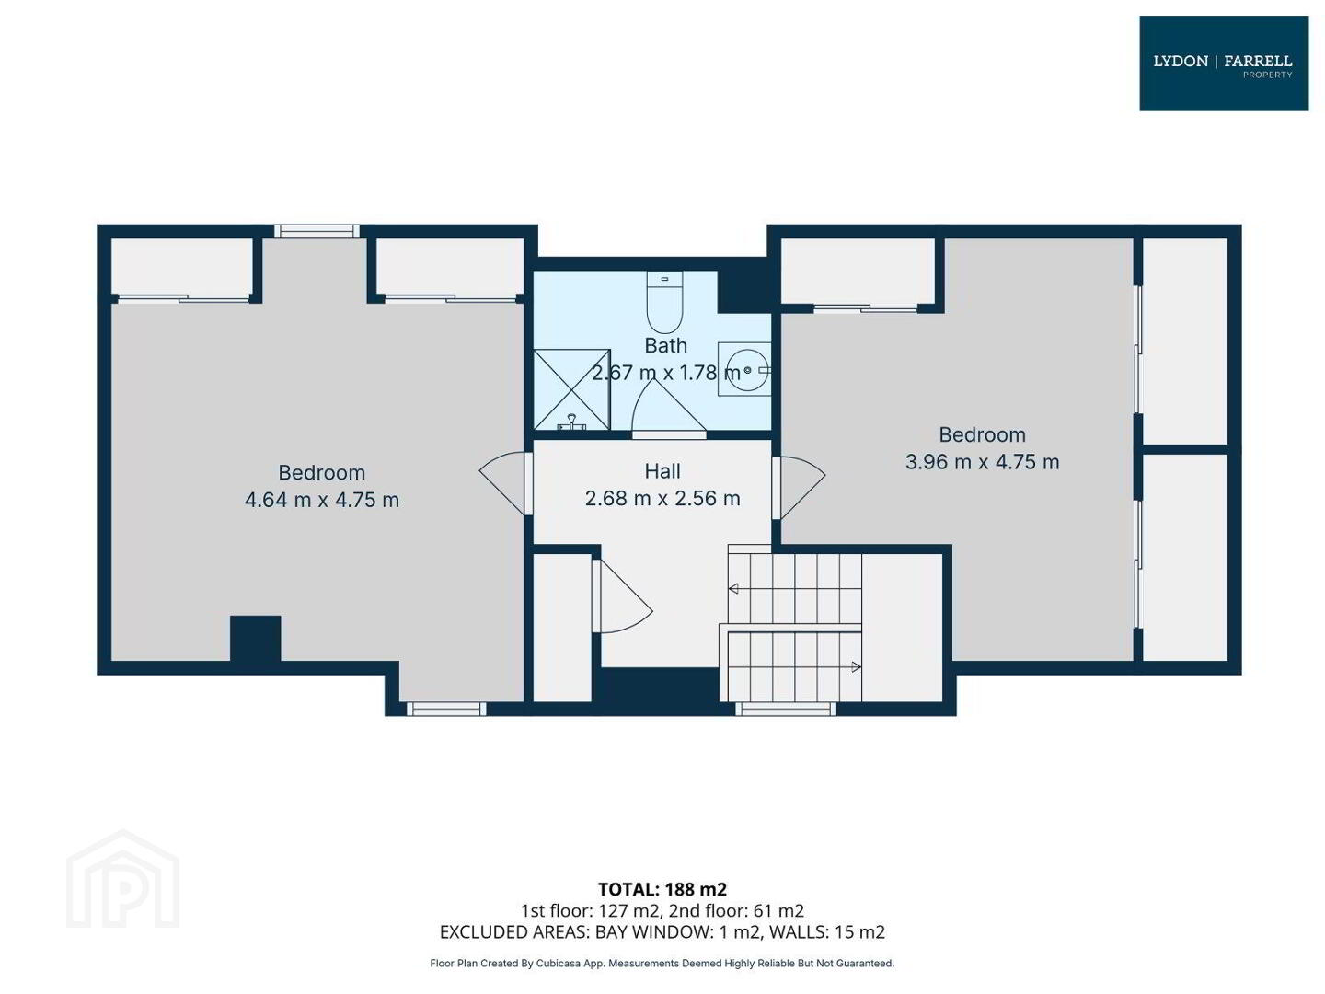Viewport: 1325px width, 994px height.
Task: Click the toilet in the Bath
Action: click(663, 301)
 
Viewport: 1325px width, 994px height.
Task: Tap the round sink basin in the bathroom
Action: click(745, 369)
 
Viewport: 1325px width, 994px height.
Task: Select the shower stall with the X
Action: click(571, 389)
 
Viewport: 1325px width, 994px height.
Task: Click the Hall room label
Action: click(662, 470)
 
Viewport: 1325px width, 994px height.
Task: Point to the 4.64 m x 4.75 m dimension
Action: click(321, 499)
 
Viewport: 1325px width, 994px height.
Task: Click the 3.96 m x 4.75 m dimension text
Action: click(981, 461)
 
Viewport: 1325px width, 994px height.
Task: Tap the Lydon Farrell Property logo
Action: click(1222, 63)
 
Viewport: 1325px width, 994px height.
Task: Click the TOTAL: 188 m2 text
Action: click(662, 889)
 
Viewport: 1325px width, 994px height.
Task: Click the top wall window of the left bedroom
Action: click(317, 231)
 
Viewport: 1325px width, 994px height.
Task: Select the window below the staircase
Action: click(785, 708)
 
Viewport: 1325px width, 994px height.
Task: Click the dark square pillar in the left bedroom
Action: click(256, 638)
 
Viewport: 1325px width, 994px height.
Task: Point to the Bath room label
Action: click(665, 345)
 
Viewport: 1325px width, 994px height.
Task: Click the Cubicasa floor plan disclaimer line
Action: click(662, 964)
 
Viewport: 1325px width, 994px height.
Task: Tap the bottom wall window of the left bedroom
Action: click(446, 709)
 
